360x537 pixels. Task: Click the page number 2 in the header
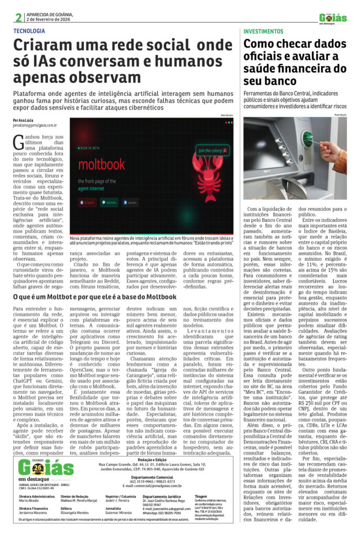point(18,17)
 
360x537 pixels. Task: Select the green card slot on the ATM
point(310,141)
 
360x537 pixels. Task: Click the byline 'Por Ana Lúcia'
point(24,121)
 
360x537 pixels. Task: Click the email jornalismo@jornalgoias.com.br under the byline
point(35,126)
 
